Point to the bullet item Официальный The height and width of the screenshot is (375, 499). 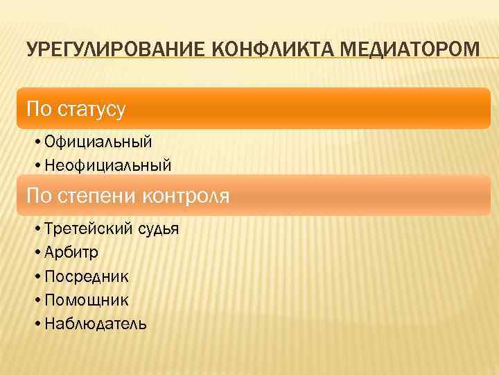pyautogui.click(x=97, y=142)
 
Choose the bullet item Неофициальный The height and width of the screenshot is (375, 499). pyautogui.click(x=107, y=165)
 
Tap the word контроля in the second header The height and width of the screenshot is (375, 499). pyautogui.click(x=185, y=196)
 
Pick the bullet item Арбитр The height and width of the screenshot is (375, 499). pyautogui.click(x=71, y=253)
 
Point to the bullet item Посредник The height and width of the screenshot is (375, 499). pyautogui.click(x=86, y=276)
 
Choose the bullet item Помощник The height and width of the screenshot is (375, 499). pyautogui.click(x=86, y=300)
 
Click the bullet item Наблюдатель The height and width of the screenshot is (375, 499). pyautogui.click(x=94, y=324)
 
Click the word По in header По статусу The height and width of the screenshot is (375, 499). pyautogui.click(x=37, y=109)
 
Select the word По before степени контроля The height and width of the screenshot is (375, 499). pyautogui.click(x=37, y=196)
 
